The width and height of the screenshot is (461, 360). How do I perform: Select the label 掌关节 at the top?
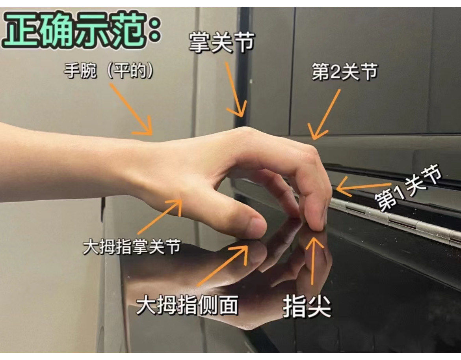221,43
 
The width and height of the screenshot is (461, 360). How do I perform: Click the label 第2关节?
345,72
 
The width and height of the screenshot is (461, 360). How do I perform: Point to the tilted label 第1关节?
408,190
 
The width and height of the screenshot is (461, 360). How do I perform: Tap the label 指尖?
307,307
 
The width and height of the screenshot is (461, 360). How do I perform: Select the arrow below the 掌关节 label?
236,89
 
